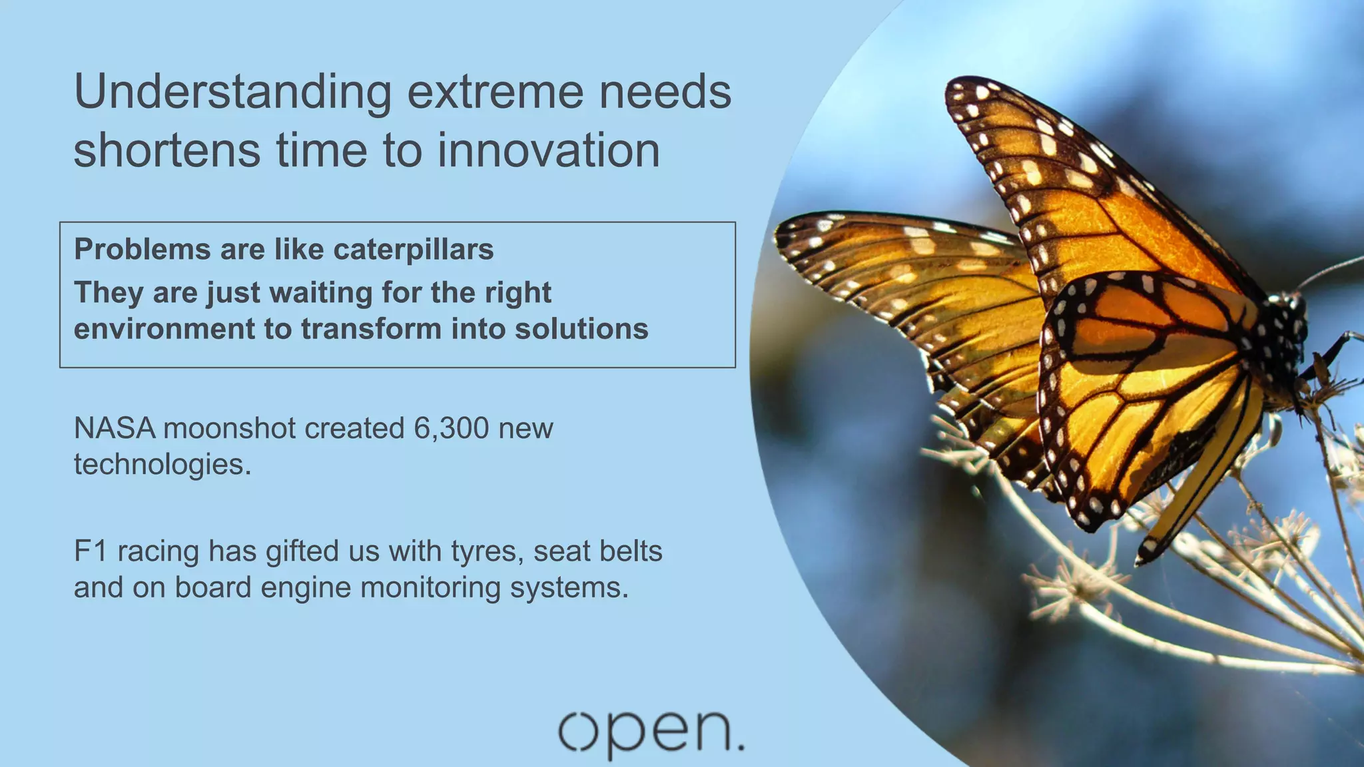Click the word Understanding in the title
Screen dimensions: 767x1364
(232, 93)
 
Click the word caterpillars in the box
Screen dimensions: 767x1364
(413, 250)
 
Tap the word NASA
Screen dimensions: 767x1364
(114, 428)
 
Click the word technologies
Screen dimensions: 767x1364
(162, 465)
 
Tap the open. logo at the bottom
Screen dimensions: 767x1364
(650, 732)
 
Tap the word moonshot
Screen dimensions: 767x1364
(229, 428)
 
